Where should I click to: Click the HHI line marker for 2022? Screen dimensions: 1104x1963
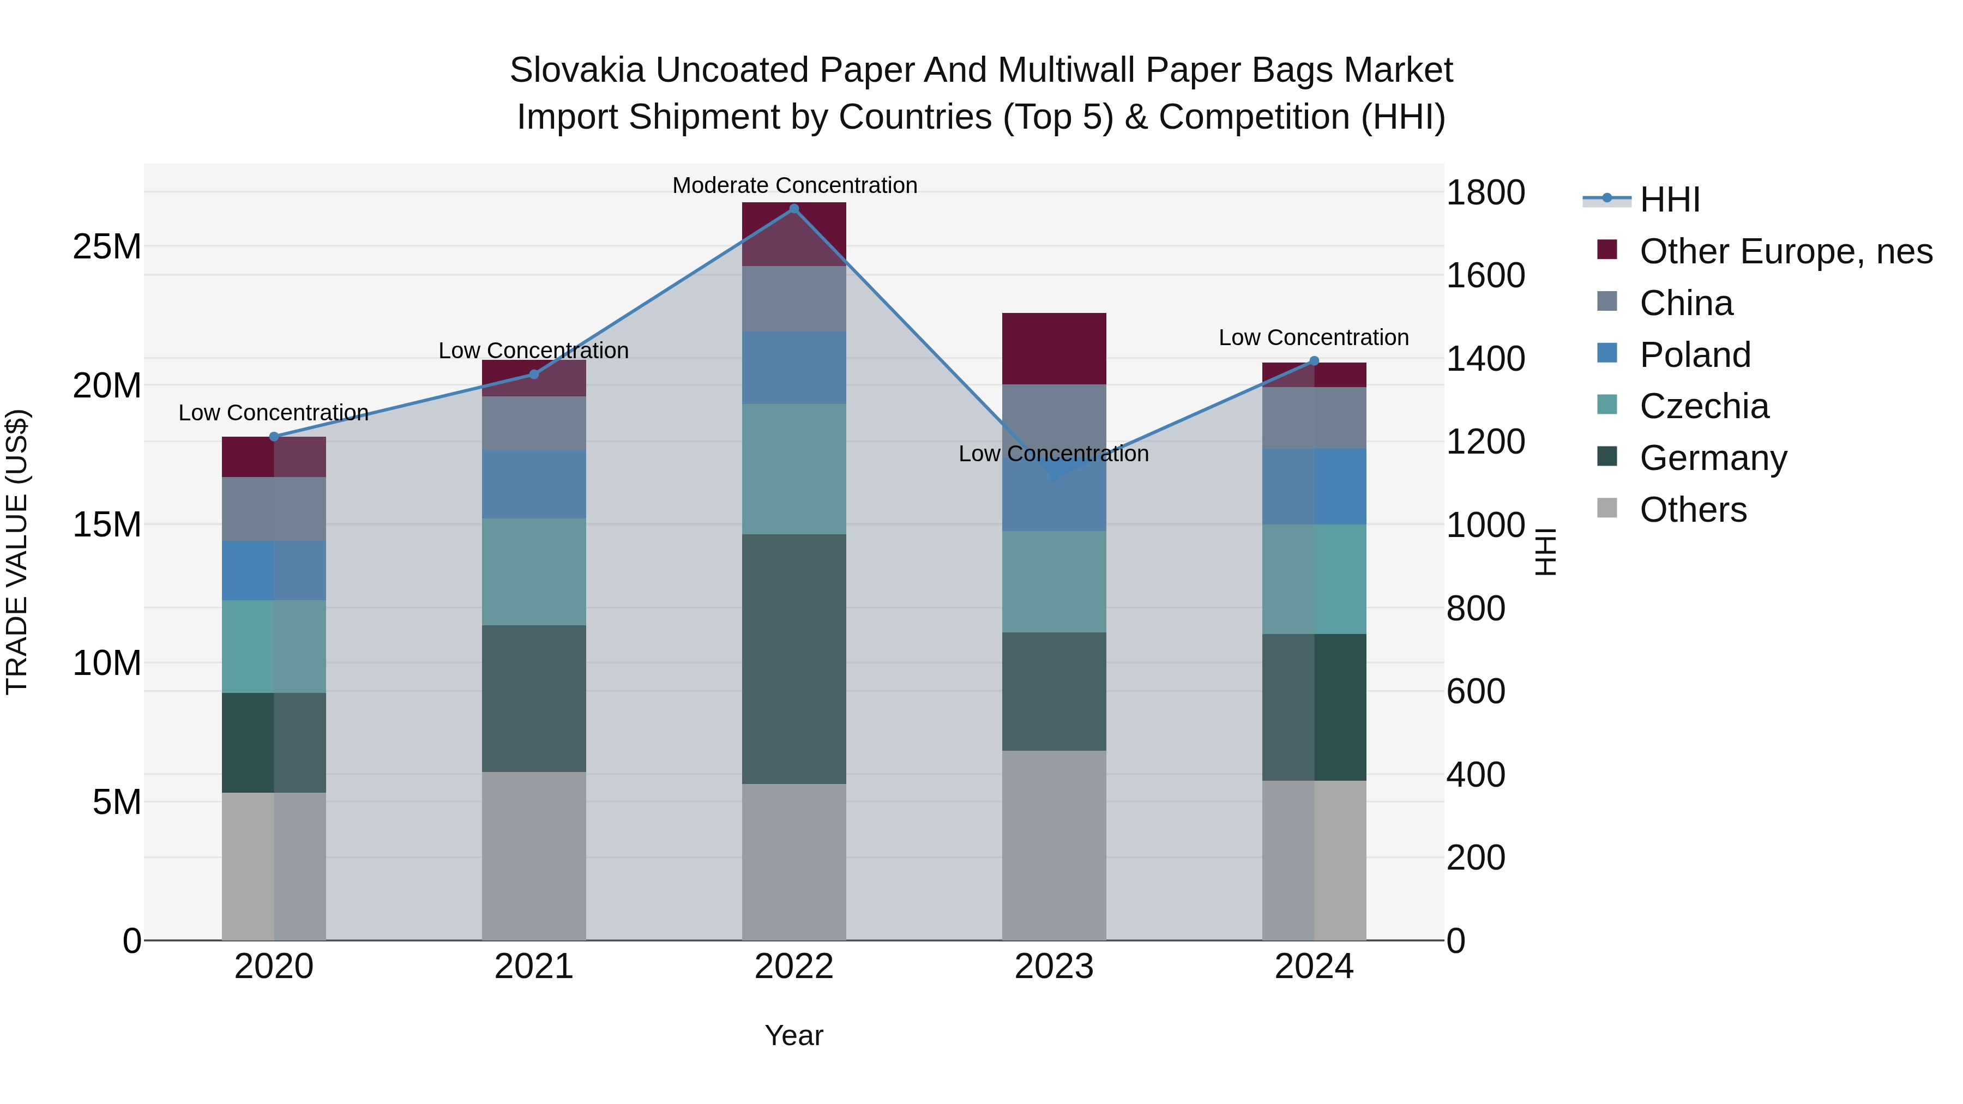click(x=793, y=209)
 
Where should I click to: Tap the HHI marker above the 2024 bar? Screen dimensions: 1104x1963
click(x=1314, y=361)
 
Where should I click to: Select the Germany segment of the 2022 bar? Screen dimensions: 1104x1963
click(x=793, y=659)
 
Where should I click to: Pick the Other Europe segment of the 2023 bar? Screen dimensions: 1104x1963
click(x=1054, y=348)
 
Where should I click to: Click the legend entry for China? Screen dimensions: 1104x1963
click(x=1685, y=303)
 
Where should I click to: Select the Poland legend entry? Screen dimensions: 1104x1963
click(x=1695, y=355)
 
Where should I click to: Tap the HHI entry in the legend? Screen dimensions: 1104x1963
click(x=1669, y=200)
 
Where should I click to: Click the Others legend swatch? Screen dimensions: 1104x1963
click(x=1607, y=508)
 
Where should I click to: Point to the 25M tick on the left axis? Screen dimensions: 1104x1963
click(x=107, y=247)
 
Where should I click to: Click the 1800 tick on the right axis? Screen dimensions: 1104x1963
click(x=1485, y=193)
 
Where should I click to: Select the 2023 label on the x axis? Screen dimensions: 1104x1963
click(x=1054, y=967)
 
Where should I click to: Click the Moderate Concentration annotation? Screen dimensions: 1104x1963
click(x=794, y=185)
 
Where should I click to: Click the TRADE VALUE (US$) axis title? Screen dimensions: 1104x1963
click(x=17, y=552)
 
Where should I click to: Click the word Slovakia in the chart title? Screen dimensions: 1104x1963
click(x=577, y=70)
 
